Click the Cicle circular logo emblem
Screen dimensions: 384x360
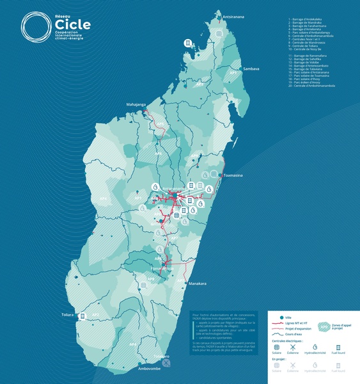coord(34,26)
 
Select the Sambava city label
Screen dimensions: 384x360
coord(250,68)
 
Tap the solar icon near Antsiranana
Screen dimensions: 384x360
coord(219,33)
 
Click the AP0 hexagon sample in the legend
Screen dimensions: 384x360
coord(324,326)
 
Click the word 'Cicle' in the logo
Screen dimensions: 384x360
coord(72,24)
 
